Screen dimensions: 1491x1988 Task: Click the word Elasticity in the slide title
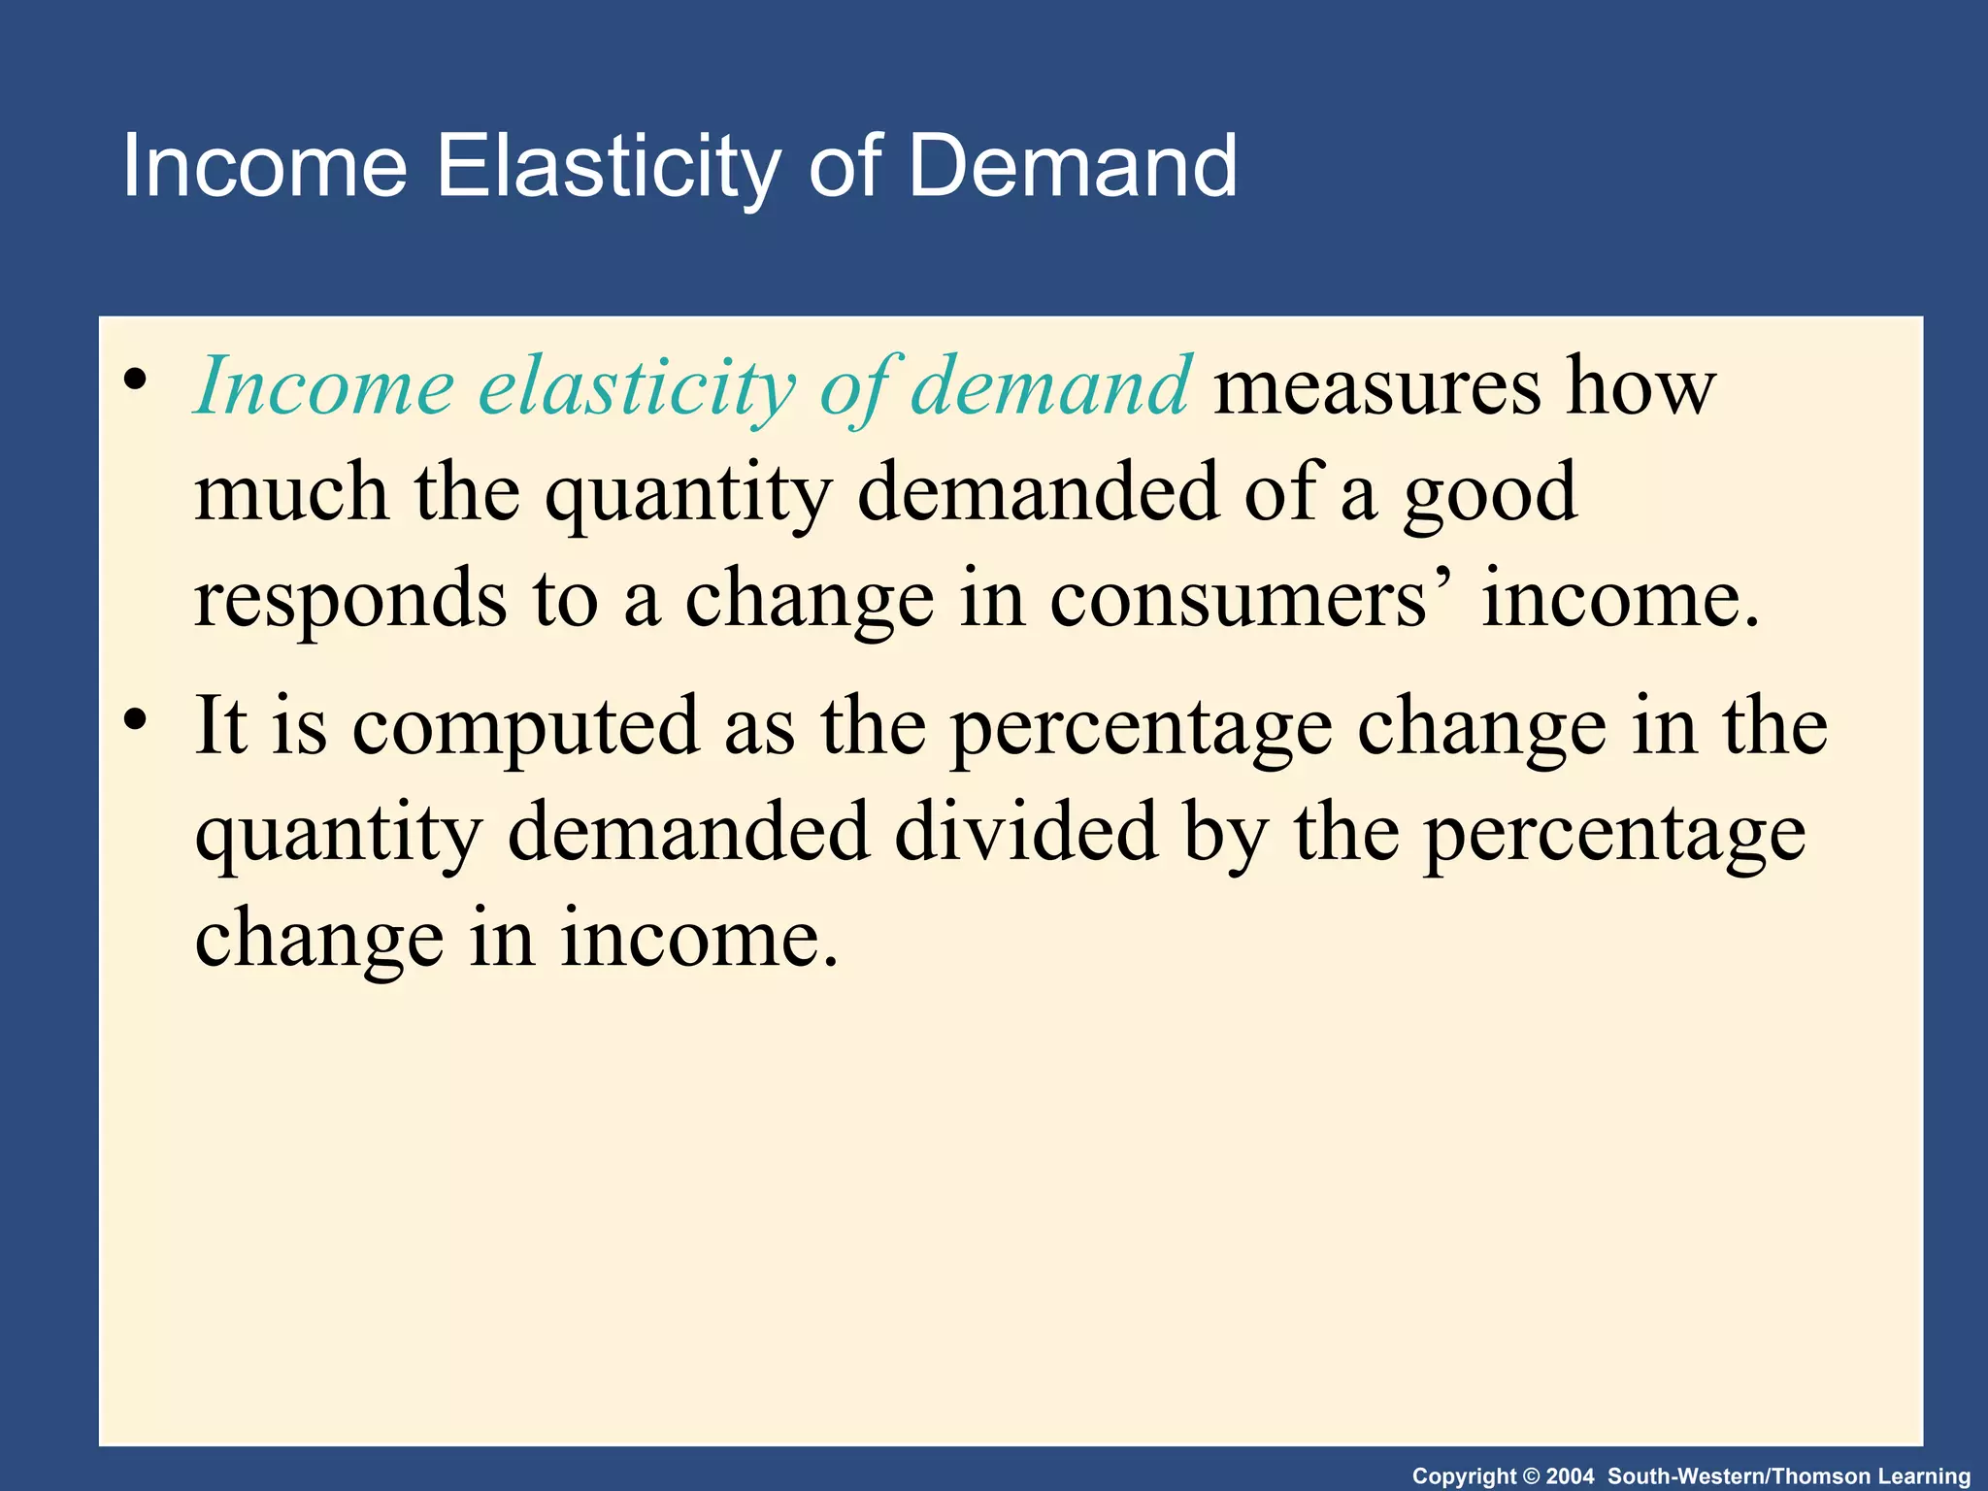(x=608, y=167)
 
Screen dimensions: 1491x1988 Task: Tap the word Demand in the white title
(x=1072, y=167)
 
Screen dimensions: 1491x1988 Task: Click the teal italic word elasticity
(x=637, y=387)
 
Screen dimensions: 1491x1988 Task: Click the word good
(x=1490, y=495)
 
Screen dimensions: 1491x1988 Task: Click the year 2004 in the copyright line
(x=1570, y=1476)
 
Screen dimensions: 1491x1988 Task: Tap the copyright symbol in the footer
(x=1531, y=1476)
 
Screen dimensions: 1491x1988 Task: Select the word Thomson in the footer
(x=1821, y=1476)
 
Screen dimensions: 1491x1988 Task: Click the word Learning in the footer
(x=1927, y=1476)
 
